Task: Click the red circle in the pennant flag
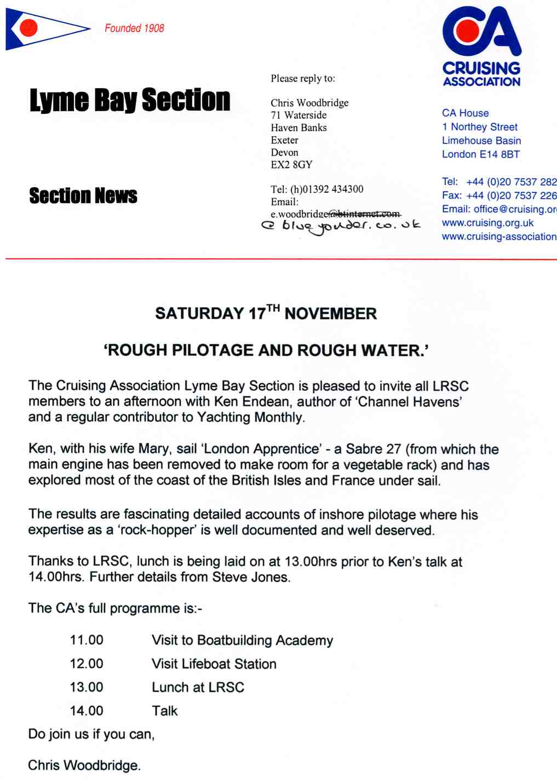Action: [27, 27]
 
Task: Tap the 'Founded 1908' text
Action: [134, 28]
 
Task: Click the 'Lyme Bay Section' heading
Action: [130, 100]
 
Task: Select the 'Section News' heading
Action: [83, 195]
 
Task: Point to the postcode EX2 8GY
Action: [291, 164]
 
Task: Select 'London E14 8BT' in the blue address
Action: [480, 154]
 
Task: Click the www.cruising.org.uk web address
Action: [487, 223]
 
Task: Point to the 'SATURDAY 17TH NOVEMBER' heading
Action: [266, 313]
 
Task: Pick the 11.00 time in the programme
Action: [87, 640]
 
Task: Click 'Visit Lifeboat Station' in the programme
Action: [214, 663]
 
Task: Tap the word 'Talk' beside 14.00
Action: [165, 710]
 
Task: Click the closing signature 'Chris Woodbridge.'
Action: [84, 765]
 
